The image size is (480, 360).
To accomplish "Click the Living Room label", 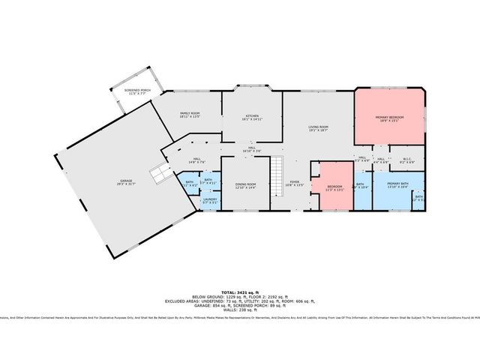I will coord(318,127).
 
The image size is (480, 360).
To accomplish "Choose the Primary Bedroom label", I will coord(389,117).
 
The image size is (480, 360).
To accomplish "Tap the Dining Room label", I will coord(246,184).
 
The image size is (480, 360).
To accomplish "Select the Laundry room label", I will coord(210,199).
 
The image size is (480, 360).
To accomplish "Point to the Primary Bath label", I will coord(397,184).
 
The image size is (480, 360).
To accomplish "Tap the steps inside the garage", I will coord(160,174).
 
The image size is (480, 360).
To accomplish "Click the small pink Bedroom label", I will coord(334,186).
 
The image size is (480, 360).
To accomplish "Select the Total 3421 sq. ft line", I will coord(240,292).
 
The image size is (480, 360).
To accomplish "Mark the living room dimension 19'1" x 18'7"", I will coord(318,131).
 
